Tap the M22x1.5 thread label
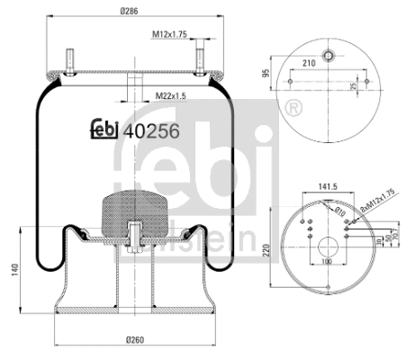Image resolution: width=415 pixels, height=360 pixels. [170, 95]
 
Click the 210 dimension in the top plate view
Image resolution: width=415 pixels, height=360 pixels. [308, 62]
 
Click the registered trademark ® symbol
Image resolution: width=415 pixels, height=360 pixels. [292, 109]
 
